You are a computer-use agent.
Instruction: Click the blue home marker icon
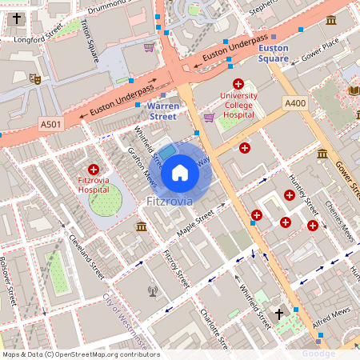[180, 172]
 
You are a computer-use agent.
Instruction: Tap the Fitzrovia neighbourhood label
[170, 201]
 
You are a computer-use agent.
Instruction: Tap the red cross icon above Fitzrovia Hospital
[94, 170]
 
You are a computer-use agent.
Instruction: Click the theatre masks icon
[34, 78]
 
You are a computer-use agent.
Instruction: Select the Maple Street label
[195, 226]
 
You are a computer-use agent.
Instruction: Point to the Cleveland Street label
[87, 253]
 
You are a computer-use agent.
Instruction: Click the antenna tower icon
[153, 290]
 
